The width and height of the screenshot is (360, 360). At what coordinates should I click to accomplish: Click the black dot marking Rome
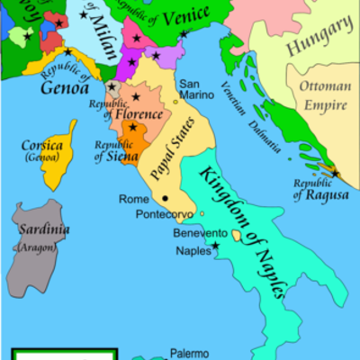click(x=166, y=198)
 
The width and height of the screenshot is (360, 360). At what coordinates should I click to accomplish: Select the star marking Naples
click(x=215, y=245)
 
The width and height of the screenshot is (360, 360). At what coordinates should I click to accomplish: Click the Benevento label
click(x=199, y=233)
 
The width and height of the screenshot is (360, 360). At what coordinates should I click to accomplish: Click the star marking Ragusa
click(x=335, y=173)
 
